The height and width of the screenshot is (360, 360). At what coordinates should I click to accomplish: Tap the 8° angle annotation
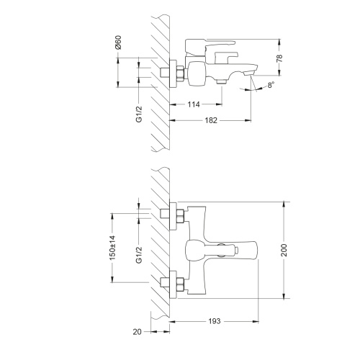(269, 86)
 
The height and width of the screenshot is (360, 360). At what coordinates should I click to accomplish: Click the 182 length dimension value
(211, 121)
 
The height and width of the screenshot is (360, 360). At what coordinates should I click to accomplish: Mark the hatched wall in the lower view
(160, 245)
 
